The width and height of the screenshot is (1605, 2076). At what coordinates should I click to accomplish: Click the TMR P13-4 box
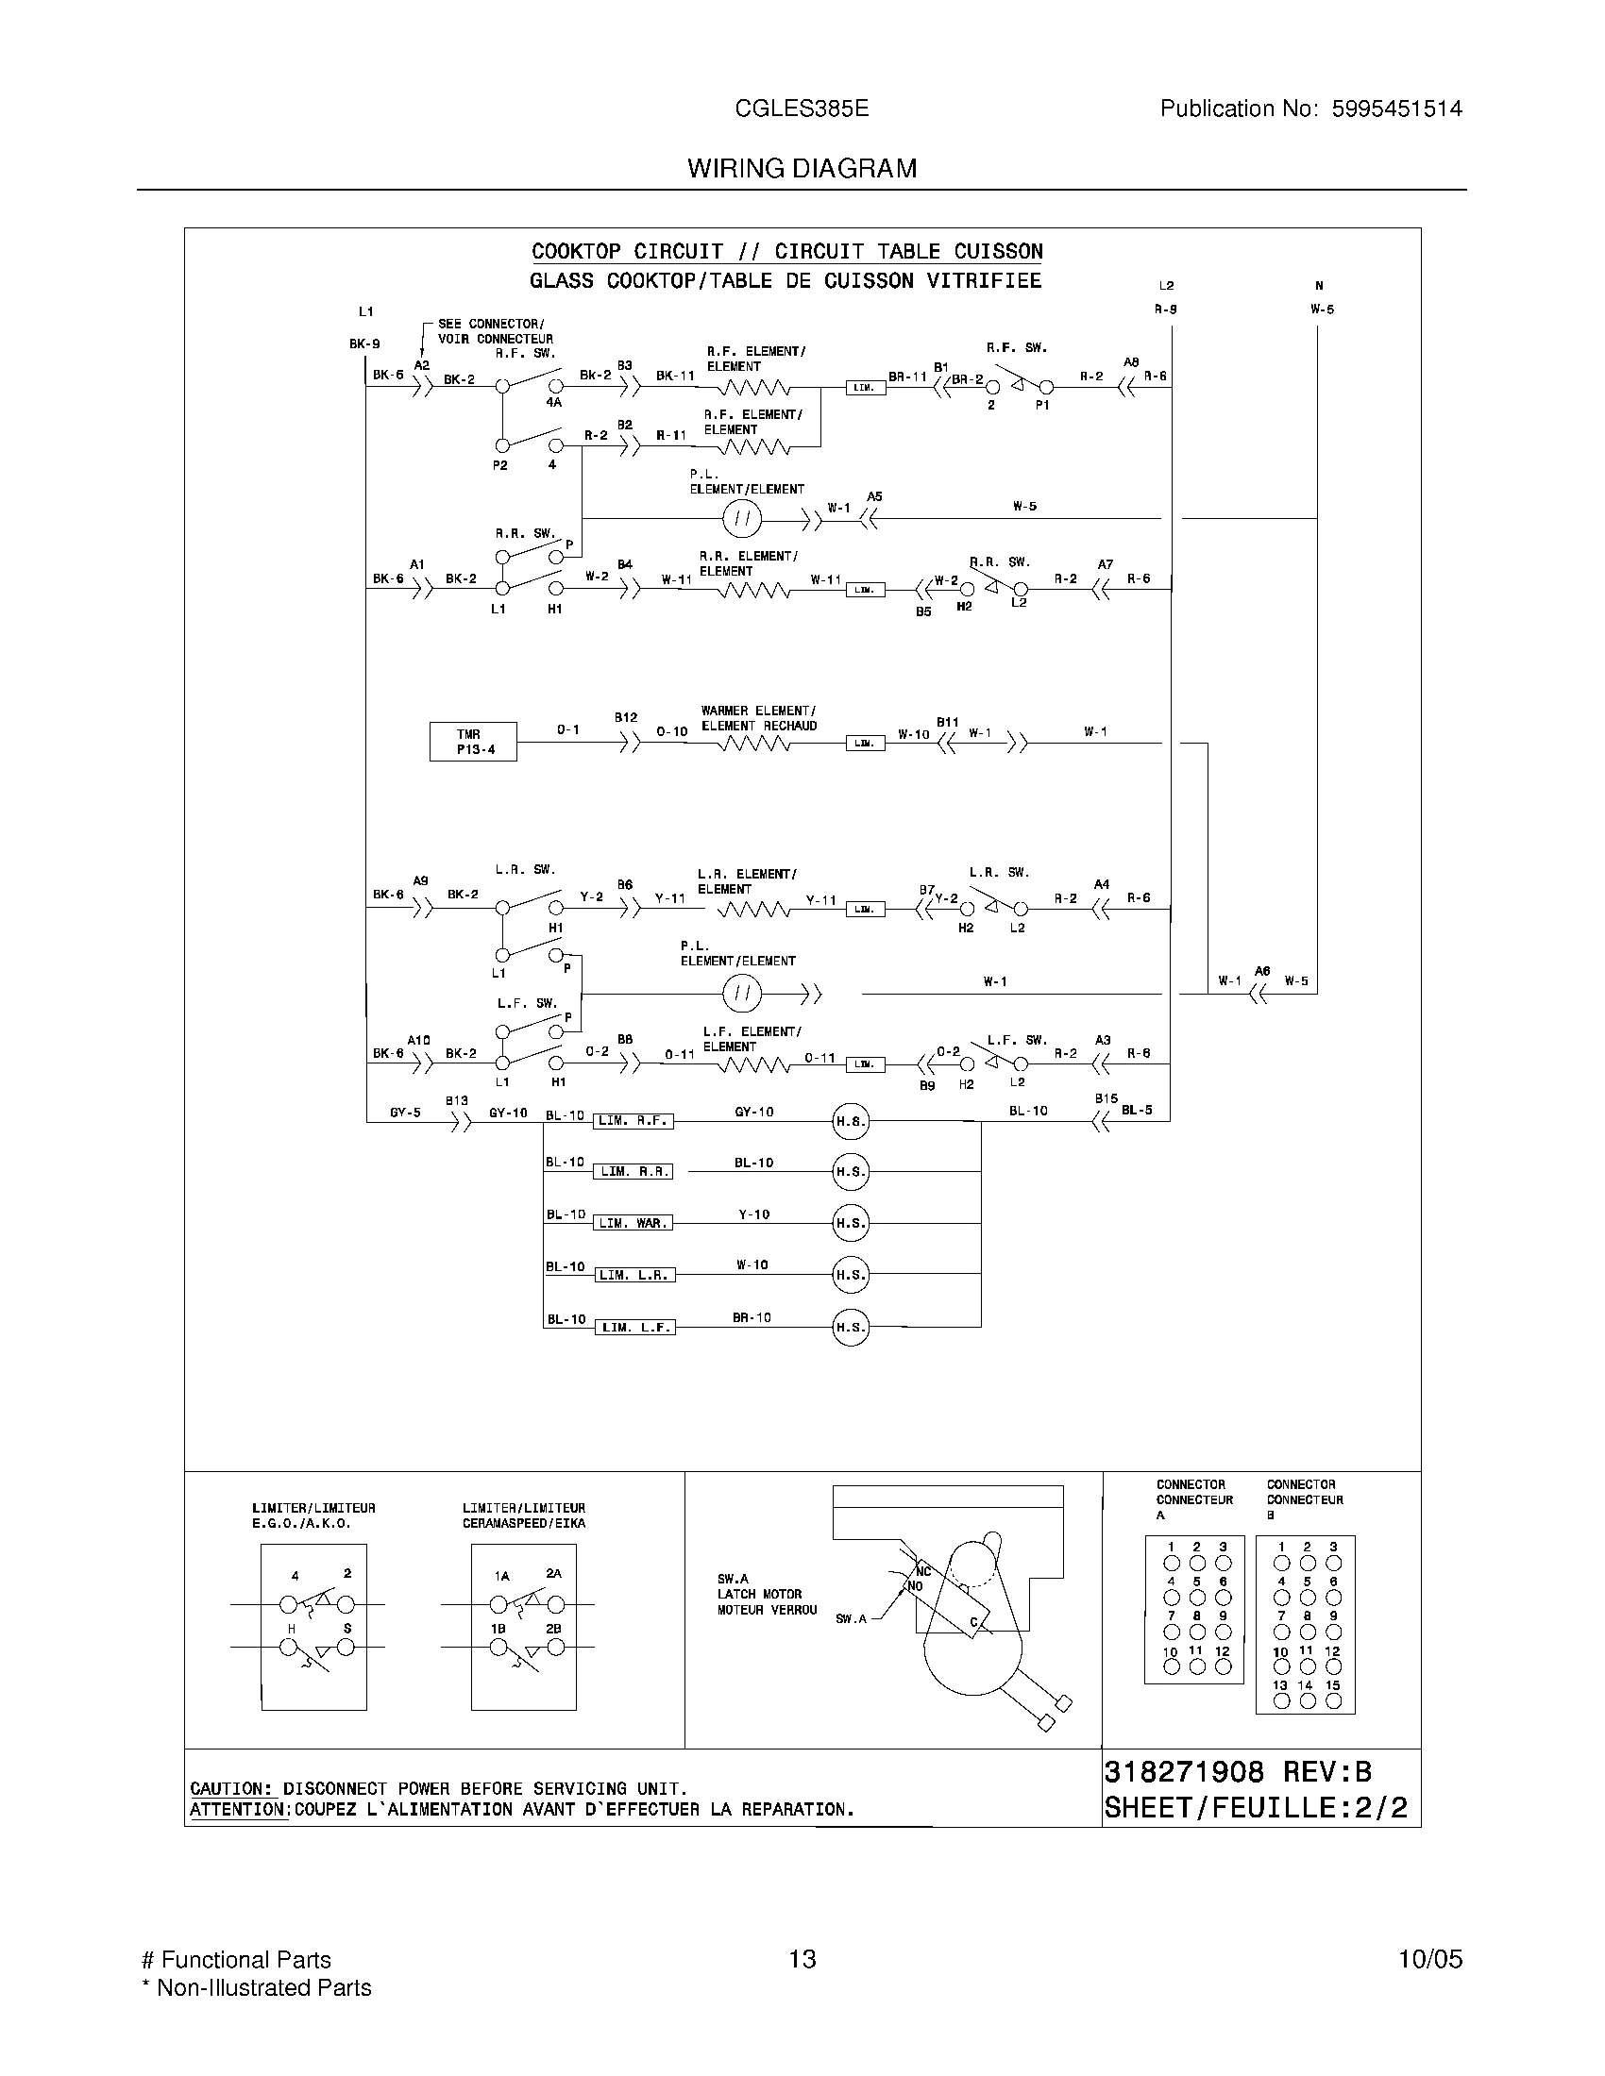click(473, 742)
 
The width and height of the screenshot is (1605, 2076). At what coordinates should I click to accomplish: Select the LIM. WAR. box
click(634, 1223)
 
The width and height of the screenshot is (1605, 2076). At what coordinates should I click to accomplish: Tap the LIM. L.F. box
click(635, 1327)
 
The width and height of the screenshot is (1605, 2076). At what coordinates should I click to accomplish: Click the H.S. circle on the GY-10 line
click(850, 1122)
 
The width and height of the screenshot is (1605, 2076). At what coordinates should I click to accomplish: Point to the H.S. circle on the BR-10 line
click(850, 1327)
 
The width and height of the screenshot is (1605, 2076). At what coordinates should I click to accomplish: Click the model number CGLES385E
click(802, 109)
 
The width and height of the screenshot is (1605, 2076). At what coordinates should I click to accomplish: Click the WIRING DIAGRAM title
click(802, 168)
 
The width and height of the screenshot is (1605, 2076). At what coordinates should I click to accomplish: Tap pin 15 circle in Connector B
click(1333, 1701)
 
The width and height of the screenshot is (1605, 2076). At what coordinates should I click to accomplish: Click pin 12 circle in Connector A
click(1223, 1666)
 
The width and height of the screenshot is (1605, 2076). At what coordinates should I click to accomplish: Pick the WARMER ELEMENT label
click(758, 711)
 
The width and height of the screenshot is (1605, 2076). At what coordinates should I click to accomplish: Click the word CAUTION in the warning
click(231, 1788)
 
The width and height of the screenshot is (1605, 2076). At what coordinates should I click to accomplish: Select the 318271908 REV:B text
click(1237, 1772)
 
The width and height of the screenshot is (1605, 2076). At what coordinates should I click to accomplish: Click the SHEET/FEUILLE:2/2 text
click(1255, 1808)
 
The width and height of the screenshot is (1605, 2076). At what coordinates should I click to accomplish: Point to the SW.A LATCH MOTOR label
click(760, 1594)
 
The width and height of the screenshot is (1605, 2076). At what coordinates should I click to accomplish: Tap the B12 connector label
click(625, 718)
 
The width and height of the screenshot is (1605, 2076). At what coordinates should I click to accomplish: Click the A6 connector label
click(1261, 970)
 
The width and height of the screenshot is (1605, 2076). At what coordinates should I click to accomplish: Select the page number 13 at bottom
click(802, 1959)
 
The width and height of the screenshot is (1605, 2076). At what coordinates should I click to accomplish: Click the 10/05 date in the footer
click(1429, 1959)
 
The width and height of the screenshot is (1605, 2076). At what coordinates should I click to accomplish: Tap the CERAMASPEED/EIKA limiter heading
click(524, 1523)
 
